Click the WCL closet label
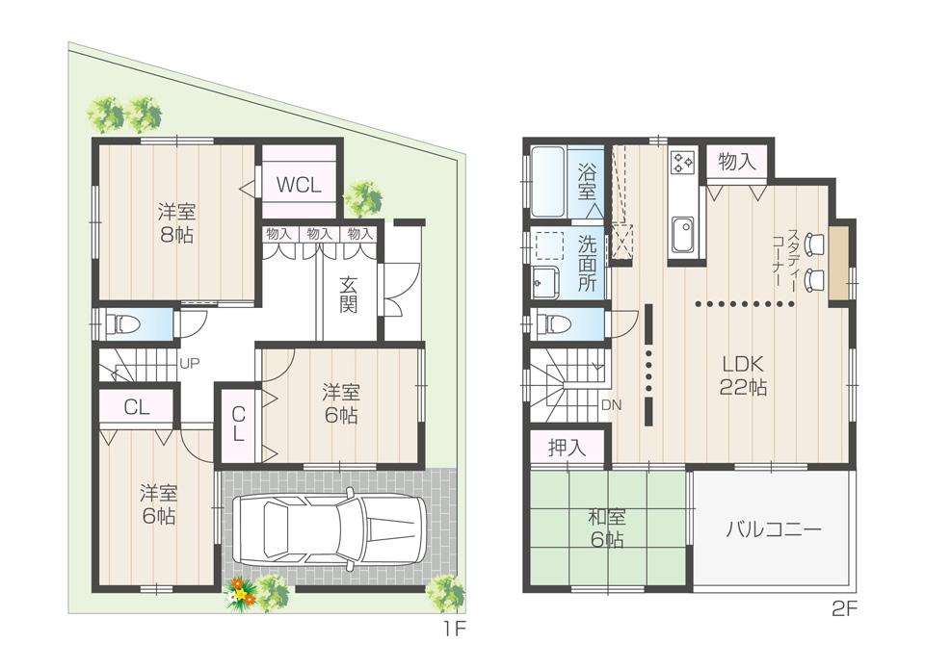pos(299,184)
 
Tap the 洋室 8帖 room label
pos(175,222)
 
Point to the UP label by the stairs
pos(189,364)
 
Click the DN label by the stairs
pos(611,405)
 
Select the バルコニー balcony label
pos(773,530)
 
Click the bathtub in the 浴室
pos(548,181)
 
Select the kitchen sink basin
pos(683,234)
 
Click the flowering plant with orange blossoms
pos(241,595)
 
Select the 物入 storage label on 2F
pos(737,162)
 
